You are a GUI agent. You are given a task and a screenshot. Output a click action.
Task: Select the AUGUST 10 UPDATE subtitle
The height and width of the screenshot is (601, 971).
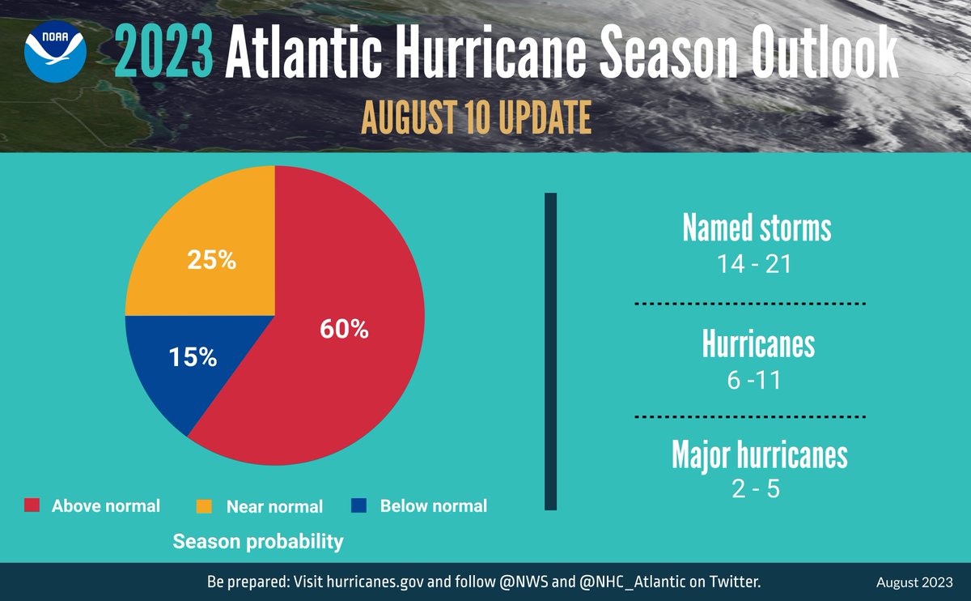(476, 118)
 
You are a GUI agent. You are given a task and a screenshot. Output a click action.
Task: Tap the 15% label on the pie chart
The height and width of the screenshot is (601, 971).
(193, 357)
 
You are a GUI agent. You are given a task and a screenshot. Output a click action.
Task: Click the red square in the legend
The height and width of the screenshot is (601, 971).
(32, 505)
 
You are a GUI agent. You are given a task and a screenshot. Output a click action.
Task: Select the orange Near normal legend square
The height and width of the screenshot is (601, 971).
(205, 506)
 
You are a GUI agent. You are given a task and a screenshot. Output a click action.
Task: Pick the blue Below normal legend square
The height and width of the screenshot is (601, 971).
(359, 505)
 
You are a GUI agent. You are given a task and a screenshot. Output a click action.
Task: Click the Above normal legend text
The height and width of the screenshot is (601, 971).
(106, 506)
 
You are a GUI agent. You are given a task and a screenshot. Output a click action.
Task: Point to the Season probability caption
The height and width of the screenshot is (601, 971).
(258, 541)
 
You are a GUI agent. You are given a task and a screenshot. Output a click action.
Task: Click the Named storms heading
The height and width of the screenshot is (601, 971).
(757, 228)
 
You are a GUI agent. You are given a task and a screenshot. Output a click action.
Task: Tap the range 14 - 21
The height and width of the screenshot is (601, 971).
(753, 264)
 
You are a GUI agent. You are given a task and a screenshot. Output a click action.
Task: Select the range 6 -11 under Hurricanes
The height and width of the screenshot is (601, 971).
(753, 380)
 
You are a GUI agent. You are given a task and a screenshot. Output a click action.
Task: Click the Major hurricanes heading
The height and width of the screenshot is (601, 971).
(759, 455)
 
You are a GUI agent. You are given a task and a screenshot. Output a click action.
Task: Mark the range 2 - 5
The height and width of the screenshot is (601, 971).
(753, 490)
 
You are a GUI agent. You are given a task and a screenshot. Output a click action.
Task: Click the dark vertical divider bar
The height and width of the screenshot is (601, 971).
(551, 352)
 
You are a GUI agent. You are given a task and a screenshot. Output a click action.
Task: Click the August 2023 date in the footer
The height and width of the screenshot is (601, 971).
(914, 582)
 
